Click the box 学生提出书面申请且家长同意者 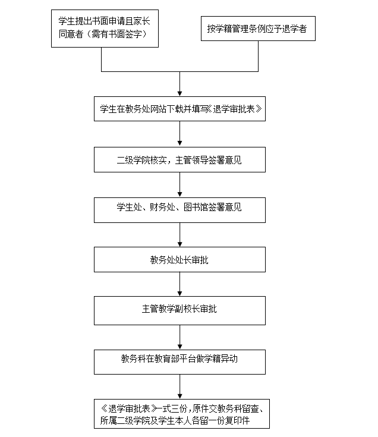point(105,29)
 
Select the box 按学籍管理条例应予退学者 point(258,29)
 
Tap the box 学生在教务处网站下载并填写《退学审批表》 point(179,109)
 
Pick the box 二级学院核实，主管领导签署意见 point(179,160)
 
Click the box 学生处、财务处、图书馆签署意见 point(179,210)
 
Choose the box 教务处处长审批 point(179,259)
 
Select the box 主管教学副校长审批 point(179,310)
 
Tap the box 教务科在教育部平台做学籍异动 point(179,362)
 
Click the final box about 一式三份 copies point(182,414)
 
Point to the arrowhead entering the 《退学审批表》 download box point(179,94)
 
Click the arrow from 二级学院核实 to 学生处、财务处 point(179,185)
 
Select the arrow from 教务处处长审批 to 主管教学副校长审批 point(179,284)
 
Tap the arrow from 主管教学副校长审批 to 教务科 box point(179,337)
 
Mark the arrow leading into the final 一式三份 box point(179,386)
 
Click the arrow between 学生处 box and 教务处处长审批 point(179,235)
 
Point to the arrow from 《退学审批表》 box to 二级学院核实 point(179,134)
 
